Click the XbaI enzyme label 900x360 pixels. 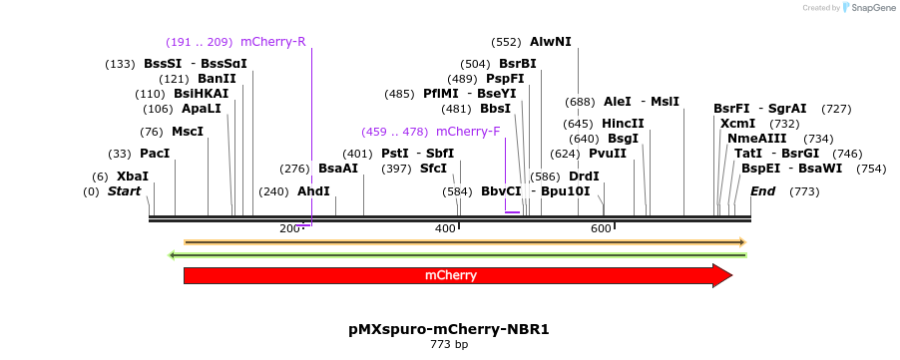132,177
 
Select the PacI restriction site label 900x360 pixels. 155,154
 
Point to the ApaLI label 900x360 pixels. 201,109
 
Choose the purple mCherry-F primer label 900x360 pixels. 468,132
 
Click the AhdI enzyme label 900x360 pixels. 313,191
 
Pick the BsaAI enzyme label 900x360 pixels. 337,169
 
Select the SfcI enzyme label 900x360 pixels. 433,169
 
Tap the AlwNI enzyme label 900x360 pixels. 551,42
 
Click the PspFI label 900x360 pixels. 505,79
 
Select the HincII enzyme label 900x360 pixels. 623,124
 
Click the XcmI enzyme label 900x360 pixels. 737,124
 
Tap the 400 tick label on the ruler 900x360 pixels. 445,229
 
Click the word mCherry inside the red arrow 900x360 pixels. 451,275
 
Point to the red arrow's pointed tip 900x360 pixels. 731,275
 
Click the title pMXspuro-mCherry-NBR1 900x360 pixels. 449,328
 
